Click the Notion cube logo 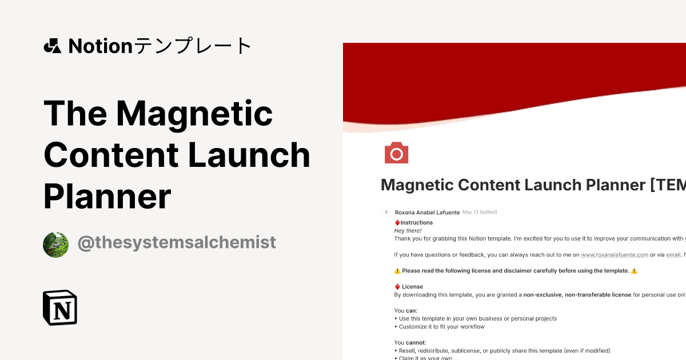60,307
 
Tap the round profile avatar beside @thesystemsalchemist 55,245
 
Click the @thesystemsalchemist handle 177,242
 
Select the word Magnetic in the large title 194,113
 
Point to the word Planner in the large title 107,196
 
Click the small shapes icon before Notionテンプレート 52,46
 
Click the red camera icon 396,153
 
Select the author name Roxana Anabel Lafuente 427,213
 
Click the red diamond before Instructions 397,222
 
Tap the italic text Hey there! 408,230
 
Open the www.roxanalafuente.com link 615,254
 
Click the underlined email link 673,254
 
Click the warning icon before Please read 397,271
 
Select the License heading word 412,286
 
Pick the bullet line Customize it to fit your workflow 441,327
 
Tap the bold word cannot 416,342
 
